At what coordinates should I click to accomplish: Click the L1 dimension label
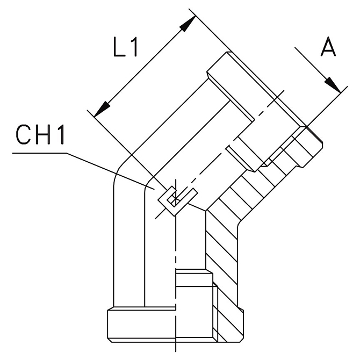pos(126,48)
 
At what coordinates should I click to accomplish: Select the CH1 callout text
pos(40,136)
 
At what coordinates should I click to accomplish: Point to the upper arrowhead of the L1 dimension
pos(188,22)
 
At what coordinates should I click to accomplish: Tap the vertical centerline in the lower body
pos(176,253)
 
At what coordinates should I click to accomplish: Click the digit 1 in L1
pos(134,48)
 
